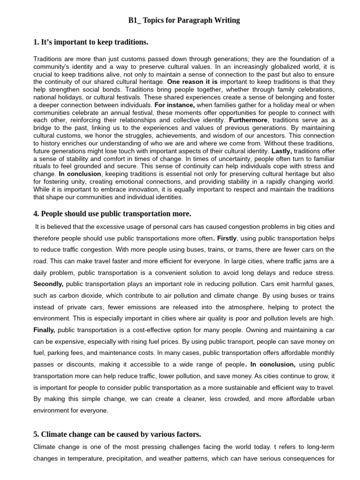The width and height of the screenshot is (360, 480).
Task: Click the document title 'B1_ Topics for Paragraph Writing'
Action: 184,20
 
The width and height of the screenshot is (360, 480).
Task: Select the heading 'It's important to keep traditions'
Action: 90,43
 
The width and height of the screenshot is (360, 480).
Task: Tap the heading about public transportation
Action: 112,214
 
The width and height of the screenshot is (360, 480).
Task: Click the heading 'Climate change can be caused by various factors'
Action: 117,435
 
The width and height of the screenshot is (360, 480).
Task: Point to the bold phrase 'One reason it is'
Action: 192,82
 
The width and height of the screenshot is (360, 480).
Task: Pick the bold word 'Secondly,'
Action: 48,284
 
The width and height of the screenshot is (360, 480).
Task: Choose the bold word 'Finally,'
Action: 44,330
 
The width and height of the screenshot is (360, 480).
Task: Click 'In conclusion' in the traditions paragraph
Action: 80,174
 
